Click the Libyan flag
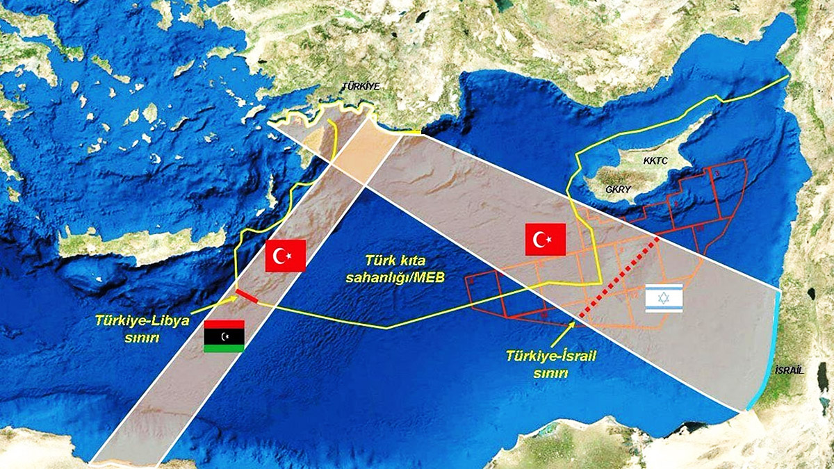(x=224, y=336)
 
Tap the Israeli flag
(x=664, y=299)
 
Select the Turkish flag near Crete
(x=286, y=256)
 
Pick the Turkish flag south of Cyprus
(x=545, y=240)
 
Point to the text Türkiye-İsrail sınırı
(x=553, y=363)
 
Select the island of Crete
(x=139, y=243)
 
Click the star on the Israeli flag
(x=664, y=299)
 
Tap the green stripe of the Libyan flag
(x=224, y=348)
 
